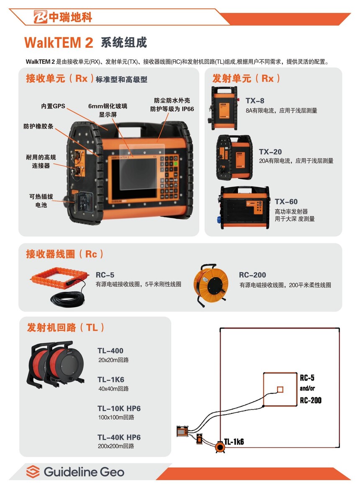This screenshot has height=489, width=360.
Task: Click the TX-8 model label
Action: click(255, 101)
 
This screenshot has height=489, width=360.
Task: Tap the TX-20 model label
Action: click(270, 152)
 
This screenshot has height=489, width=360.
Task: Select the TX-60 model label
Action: click(286, 202)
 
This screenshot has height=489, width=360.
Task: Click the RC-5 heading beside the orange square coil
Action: click(105, 275)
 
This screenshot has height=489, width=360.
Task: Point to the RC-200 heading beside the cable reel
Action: click(252, 275)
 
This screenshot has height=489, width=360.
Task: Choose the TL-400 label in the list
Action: click(110, 351)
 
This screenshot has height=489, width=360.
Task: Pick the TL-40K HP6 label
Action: click(119, 437)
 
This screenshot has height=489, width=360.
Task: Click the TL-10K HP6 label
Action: click(119, 409)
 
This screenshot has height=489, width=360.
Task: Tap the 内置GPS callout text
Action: click(53, 106)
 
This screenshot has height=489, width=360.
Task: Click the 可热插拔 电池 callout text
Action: click(41, 201)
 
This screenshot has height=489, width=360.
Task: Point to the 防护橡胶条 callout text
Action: click(39, 126)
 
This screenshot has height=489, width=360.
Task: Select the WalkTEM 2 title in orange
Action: click(59, 42)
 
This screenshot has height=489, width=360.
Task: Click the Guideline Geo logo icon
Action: click(33, 471)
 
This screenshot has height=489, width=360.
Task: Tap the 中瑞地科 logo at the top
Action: click(63, 17)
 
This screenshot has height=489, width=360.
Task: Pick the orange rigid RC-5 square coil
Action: click(59, 277)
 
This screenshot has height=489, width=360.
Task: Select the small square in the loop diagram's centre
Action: click(280, 389)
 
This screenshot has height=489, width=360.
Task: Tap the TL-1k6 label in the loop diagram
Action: click(234, 441)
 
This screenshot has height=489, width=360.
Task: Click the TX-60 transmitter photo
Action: click(245, 207)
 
